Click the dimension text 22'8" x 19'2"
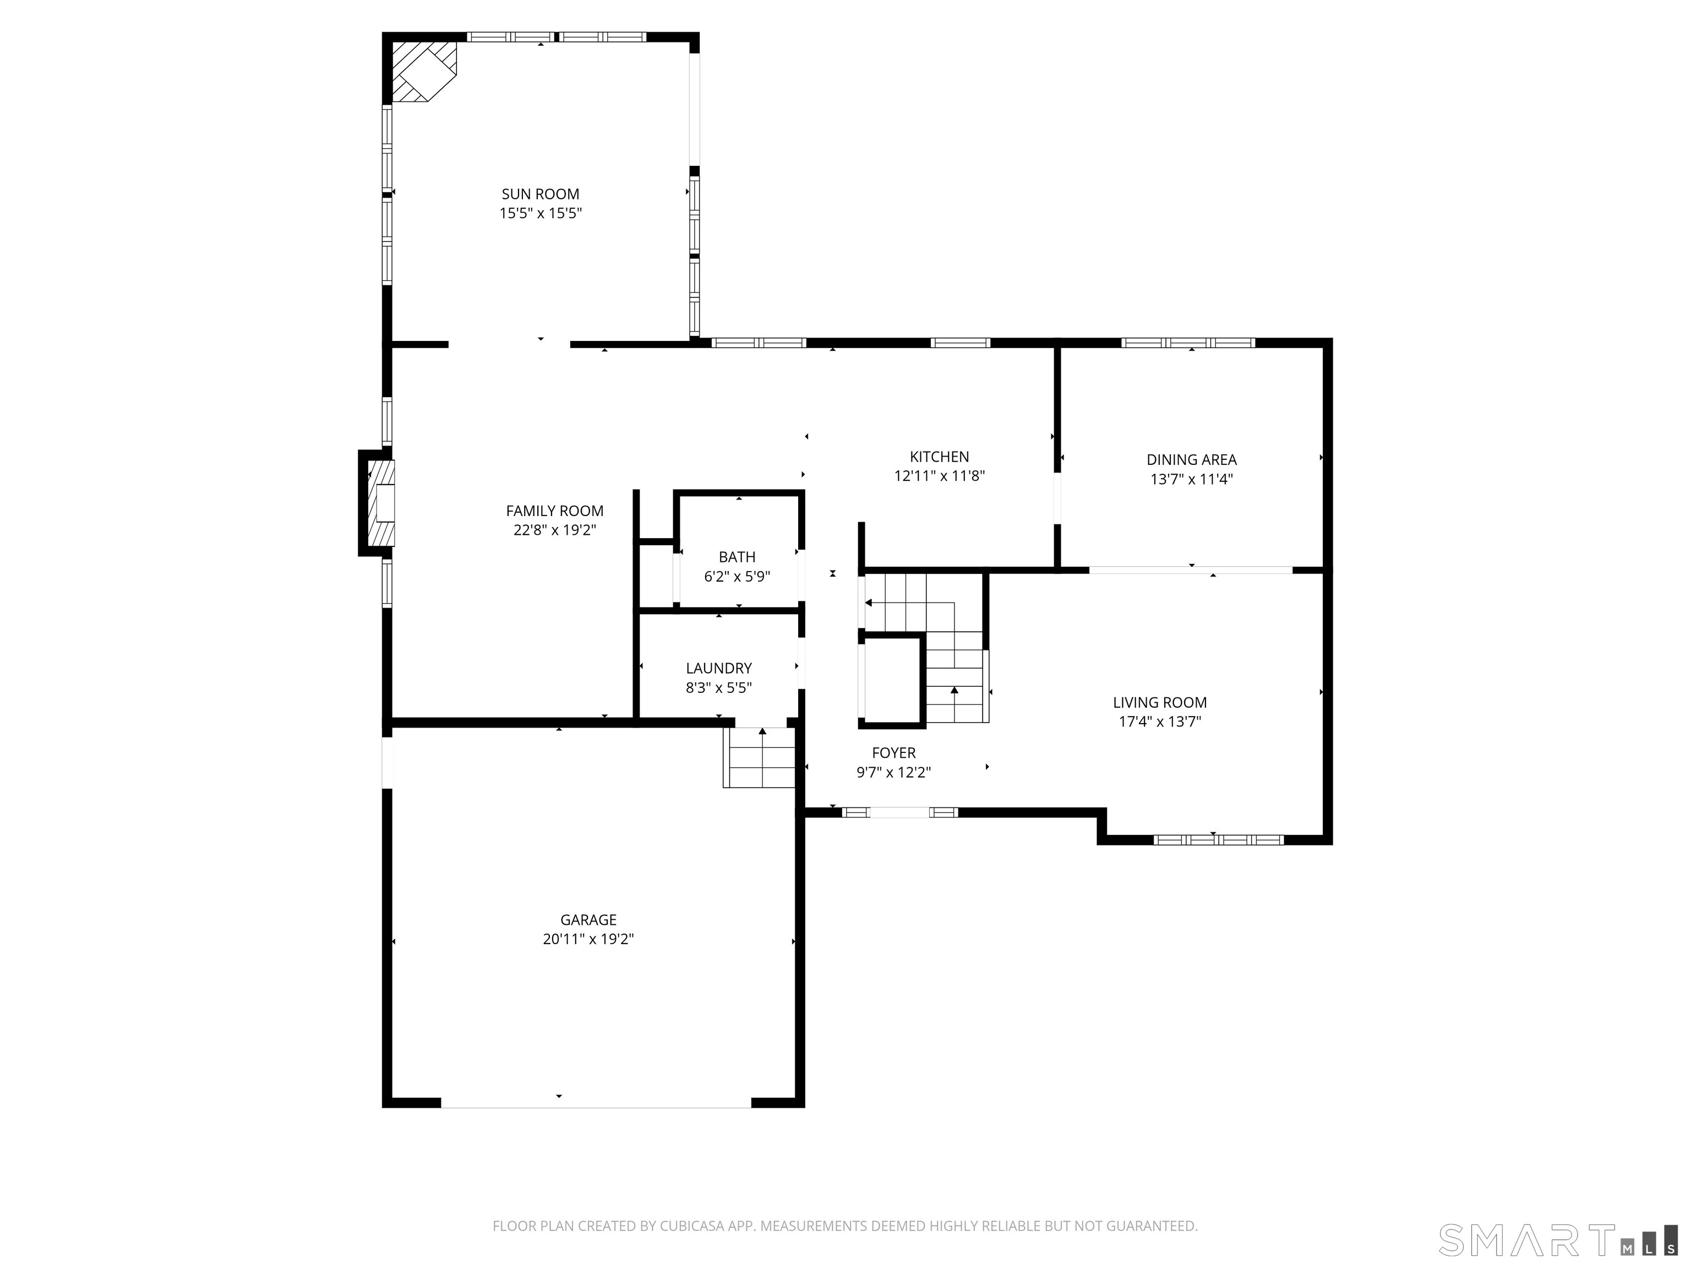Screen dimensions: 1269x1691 pyautogui.click(x=554, y=530)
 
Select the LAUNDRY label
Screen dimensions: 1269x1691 pyautogui.click(x=718, y=668)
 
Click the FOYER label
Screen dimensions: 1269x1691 pyautogui.click(x=893, y=753)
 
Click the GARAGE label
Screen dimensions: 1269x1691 pyautogui.click(x=587, y=919)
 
